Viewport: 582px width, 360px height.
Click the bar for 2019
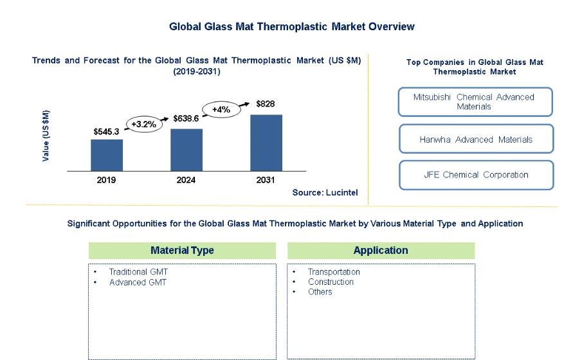pyautogui.click(x=107, y=155)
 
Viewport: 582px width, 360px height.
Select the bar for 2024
pyautogui.click(x=186, y=150)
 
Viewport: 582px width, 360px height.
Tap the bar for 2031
pyautogui.click(x=266, y=143)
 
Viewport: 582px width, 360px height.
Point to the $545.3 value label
pyautogui.click(x=107, y=132)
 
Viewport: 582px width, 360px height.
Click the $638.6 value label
pyautogui.click(x=186, y=119)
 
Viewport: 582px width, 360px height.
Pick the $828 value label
pyautogui.click(x=266, y=104)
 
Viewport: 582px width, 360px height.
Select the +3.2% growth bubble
pyautogui.click(x=143, y=124)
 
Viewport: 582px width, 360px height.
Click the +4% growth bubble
pyautogui.click(x=221, y=109)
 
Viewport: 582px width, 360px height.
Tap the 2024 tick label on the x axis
pyautogui.click(x=186, y=180)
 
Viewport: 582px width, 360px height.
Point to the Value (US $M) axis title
pyautogui.click(x=46, y=136)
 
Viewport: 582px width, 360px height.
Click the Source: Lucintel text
pyautogui.click(x=325, y=192)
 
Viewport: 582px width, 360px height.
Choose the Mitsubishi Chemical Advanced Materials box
pyautogui.click(x=475, y=102)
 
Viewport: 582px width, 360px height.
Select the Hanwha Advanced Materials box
pyautogui.click(x=476, y=139)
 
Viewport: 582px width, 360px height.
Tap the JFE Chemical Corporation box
pyautogui.click(x=476, y=175)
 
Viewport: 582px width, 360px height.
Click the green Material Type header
pyautogui.click(x=182, y=250)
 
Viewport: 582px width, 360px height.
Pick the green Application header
pyautogui.click(x=381, y=250)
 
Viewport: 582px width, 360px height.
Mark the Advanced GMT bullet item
pyautogui.click(x=138, y=282)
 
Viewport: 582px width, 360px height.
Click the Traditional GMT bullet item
pyautogui.click(x=138, y=272)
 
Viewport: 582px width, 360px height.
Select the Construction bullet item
pyautogui.click(x=331, y=282)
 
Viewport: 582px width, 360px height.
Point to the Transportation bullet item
pyautogui.click(x=334, y=272)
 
